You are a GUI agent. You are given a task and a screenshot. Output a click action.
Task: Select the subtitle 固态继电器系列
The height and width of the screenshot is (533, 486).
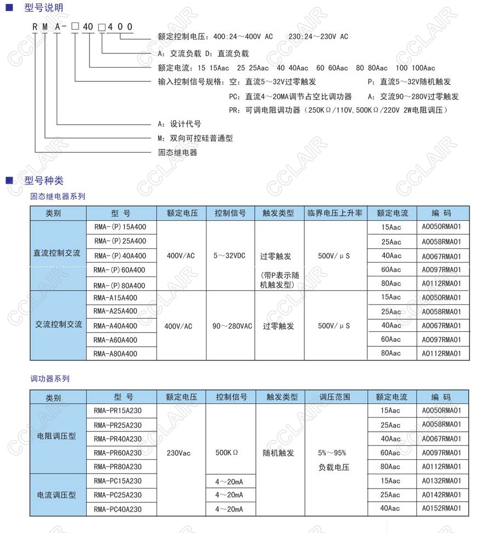click(x=58, y=196)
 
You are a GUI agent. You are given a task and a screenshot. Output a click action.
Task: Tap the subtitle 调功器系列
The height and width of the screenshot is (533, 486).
click(x=50, y=379)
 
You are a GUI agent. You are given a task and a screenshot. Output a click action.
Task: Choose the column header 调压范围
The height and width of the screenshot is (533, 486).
click(x=334, y=397)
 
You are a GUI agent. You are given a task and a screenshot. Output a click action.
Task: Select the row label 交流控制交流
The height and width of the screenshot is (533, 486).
click(x=58, y=325)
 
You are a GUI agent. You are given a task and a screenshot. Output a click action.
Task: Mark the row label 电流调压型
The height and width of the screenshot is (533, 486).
click(x=57, y=495)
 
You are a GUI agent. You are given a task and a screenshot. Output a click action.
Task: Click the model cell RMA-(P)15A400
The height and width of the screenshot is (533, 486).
click(x=120, y=227)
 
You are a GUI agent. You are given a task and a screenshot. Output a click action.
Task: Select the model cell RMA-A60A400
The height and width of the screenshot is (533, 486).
click(x=115, y=340)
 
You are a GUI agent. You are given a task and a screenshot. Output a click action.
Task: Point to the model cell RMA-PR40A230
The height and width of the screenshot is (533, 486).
click(x=118, y=438)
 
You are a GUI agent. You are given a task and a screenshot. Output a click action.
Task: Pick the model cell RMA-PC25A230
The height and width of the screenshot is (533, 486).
click(x=118, y=495)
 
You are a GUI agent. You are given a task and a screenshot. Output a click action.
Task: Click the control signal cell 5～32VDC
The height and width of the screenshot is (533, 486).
click(x=231, y=256)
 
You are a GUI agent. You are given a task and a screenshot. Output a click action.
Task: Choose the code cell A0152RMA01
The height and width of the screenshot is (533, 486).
click(x=442, y=509)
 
